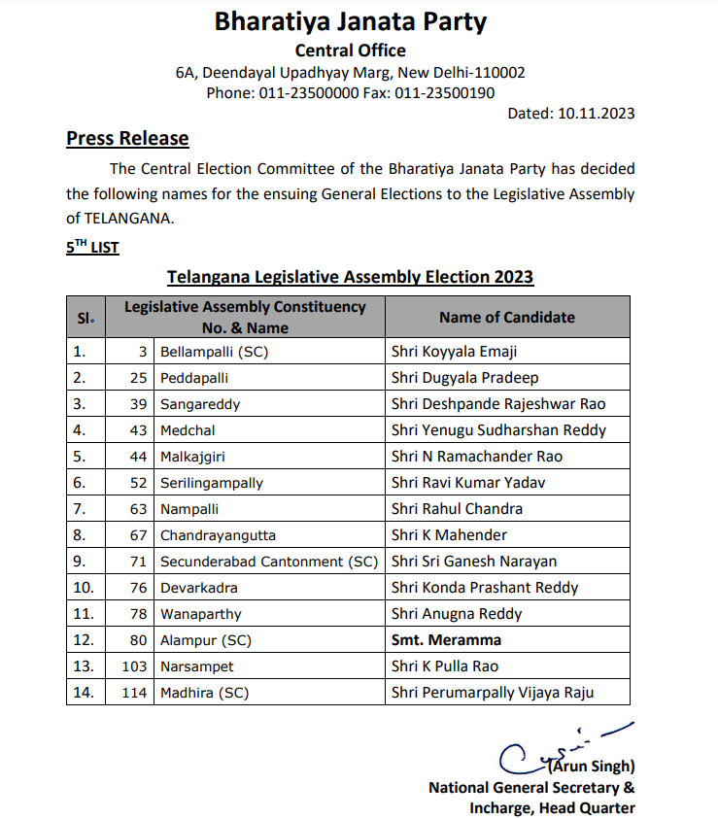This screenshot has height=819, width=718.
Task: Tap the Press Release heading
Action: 127,139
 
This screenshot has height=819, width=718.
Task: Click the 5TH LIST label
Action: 92,248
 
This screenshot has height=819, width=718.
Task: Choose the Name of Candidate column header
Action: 506,317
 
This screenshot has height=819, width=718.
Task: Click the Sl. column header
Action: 85,318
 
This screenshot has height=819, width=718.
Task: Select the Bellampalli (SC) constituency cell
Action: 214,351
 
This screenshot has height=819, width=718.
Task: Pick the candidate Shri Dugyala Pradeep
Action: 464,377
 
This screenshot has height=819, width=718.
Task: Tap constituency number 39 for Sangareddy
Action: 138,403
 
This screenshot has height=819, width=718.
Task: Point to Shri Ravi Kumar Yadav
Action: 469,482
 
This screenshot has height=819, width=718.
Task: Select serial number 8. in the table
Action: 81,534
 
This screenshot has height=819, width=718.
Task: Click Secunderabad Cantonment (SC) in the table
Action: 268,561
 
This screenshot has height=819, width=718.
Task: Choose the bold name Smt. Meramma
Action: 446,639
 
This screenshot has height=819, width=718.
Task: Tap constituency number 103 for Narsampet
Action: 135,665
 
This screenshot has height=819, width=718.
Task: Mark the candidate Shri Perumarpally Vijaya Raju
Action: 492,692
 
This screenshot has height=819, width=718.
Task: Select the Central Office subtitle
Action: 350,51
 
